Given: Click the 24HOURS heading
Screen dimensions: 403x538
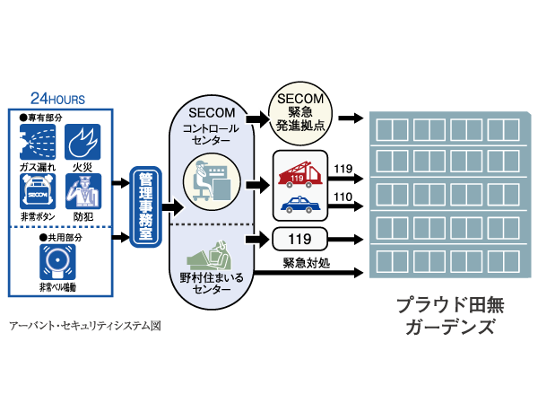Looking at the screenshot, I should tap(57, 98).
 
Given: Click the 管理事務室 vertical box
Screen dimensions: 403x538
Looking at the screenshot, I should tap(143, 206).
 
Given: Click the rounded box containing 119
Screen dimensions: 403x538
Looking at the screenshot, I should tap(299, 239).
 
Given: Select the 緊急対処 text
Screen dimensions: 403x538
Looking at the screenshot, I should tap(307, 264).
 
